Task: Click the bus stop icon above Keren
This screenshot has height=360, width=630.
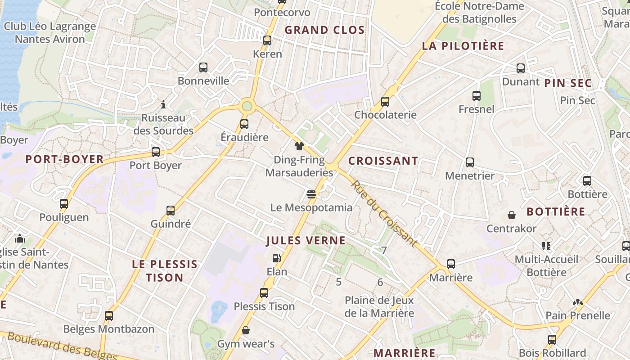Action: [x=267, y=40]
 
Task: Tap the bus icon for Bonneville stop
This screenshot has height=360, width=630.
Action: [x=203, y=67]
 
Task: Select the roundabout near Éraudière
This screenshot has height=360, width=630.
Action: [x=247, y=107]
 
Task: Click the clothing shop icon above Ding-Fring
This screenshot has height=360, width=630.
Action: [x=299, y=146]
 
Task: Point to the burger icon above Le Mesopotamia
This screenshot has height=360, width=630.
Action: [x=311, y=194]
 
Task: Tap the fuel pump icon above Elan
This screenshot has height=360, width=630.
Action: [x=277, y=258]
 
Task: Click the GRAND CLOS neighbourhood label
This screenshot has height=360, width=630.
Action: [x=324, y=30]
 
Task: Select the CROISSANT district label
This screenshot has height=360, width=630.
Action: [x=383, y=161]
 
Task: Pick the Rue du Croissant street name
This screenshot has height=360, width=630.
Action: [x=383, y=214]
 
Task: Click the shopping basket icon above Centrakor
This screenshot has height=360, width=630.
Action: [x=512, y=215]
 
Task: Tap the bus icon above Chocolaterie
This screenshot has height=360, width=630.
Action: [x=385, y=101]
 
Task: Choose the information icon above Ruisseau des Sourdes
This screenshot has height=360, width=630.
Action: [x=163, y=105]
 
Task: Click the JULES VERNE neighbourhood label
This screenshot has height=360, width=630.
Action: [x=306, y=240]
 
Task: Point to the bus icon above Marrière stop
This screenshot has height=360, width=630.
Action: [x=451, y=264]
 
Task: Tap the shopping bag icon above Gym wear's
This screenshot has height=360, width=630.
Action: [x=246, y=331]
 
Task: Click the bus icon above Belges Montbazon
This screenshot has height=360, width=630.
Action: [x=109, y=315]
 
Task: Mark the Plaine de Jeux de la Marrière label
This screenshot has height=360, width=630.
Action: [x=379, y=306]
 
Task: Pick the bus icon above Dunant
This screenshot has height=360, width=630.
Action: [x=521, y=68]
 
